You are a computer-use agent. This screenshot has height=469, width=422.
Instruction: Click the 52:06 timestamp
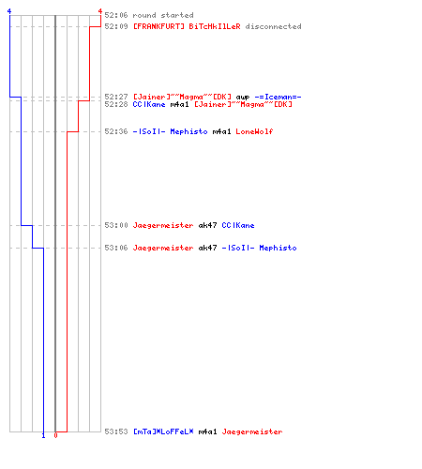point(116,15)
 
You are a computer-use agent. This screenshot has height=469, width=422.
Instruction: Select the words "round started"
point(163,15)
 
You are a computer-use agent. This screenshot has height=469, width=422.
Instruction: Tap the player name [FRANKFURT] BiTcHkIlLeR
point(187,26)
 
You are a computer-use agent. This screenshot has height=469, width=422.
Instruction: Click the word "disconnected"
point(273,26)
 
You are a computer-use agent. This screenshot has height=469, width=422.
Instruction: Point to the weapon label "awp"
point(243,98)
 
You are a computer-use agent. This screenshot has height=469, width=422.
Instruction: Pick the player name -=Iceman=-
point(278,97)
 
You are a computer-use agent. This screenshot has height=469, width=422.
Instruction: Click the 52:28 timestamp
point(116,104)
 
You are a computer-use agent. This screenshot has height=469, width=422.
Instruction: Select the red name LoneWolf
point(254,131)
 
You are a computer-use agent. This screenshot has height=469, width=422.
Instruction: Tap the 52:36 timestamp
point(116,131)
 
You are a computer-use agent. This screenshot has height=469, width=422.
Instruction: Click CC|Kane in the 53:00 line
point(238,225)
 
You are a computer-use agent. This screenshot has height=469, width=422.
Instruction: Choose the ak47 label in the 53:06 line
point(207,248)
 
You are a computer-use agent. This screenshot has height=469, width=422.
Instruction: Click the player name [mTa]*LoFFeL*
point(163,431)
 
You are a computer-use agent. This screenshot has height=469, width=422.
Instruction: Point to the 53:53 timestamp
point(116,431)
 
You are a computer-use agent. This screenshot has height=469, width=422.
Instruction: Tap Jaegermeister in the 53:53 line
point(252,431)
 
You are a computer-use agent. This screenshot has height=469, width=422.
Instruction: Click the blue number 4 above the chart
point(9,11)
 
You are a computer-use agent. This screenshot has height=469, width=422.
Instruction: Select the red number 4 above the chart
point(100,11)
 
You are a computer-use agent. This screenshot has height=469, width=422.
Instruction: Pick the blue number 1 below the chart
point(43,435)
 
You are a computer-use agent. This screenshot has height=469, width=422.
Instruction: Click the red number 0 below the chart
point(55,435)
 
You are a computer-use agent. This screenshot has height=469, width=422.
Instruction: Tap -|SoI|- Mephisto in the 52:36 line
point(170,131)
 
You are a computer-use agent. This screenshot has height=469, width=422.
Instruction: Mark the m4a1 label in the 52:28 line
point(179,104)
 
